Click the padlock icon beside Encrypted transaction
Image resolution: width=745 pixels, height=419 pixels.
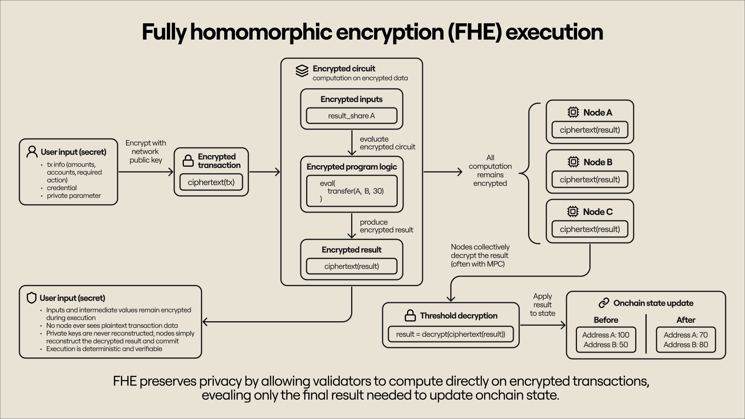click(x=188, y=161)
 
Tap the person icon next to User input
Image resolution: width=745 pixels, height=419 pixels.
click(x=32, y=152)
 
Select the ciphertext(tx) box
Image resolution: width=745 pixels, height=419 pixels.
click(x=211, y=182)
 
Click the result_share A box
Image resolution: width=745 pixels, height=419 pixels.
click(x=352, y=116)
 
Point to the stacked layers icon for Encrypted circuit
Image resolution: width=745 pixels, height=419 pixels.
click(x=302, y=71)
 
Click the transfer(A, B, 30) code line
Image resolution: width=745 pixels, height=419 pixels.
click(x=355, y=191)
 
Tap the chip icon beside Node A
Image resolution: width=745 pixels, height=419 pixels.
click(x=573, y=113)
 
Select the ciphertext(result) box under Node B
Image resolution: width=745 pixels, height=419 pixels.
click(x=590, y=180)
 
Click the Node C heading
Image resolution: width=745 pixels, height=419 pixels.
click(x=598, y=212)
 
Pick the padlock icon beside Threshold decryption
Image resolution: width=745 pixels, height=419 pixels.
click(x=410, y=316)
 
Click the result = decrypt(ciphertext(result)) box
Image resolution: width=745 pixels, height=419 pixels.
click(x=450, y=334)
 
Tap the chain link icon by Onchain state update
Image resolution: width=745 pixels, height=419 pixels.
click(x=604, y=303)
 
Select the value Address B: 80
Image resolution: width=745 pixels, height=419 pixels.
click(x=686, y=345)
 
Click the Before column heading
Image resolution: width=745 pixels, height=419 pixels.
click(x=606, y=320)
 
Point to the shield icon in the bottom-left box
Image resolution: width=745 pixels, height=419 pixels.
click(x=31, y=298)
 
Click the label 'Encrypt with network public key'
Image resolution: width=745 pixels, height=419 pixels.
click(x=146, y=152)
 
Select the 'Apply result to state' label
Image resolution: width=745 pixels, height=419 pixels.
click(x=542, y=305)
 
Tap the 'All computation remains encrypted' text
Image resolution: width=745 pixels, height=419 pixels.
click(x=490, y=171)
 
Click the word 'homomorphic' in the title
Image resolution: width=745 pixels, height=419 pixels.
click(x=261, y=32)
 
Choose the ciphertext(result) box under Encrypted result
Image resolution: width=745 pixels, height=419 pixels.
click(x=352, y=266)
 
